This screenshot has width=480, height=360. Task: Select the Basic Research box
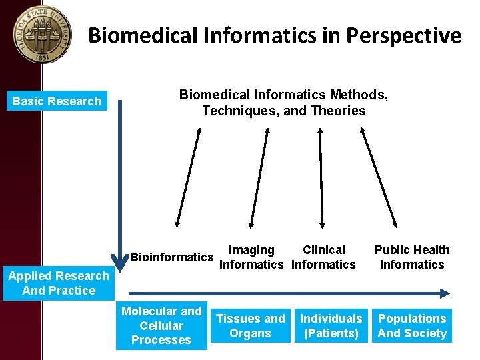click(57, 101)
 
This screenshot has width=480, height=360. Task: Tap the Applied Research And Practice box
click(59, 283)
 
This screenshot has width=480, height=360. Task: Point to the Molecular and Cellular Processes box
click(161, 325)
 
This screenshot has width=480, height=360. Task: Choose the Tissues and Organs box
click(250, 326)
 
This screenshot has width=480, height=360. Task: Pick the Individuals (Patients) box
click(331, 326)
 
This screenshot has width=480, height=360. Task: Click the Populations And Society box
click(412, 326)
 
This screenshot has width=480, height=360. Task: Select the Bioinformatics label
click(172, 257)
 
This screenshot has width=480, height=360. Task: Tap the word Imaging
click(251, 250)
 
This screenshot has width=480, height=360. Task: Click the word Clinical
click(324, 250)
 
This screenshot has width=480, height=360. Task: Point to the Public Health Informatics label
click(412, 257)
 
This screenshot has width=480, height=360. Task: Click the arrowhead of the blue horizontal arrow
click(445, 291)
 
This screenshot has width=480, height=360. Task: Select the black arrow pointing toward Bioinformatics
click(187, 176)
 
